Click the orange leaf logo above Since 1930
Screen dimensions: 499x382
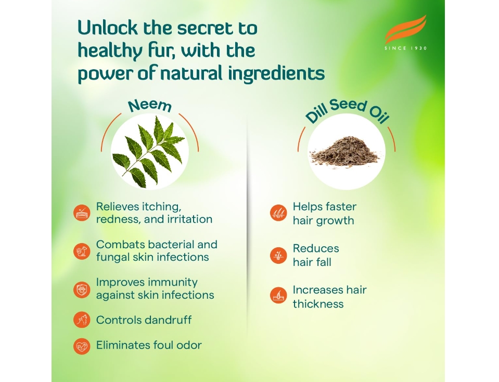click(x=405, y=30)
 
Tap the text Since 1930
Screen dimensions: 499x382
click(x=406, y=48)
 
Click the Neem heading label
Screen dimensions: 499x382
click(x=150, y=106)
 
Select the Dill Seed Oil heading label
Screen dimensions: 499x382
click(x=347, y=110)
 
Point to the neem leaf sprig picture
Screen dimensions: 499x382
click(x=149, y=151)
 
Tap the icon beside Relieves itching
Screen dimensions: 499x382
click(x=82, y=213)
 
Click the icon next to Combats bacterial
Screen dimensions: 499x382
click(x=82, y=251)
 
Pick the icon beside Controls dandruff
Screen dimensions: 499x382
click(x=82, y=320)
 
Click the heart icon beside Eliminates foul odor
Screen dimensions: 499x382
click(x=82, y=346)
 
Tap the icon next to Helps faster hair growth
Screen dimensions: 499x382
click(x=278, y=213)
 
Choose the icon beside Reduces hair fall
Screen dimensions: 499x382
click(x=278, y=255)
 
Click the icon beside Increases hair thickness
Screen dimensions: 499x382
click(x=278, y=295)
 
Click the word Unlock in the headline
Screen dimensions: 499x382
click(x=108, y=28)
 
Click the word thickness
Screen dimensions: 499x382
click(x=318, y=304)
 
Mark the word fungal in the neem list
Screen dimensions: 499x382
click(x=113, y=257)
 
